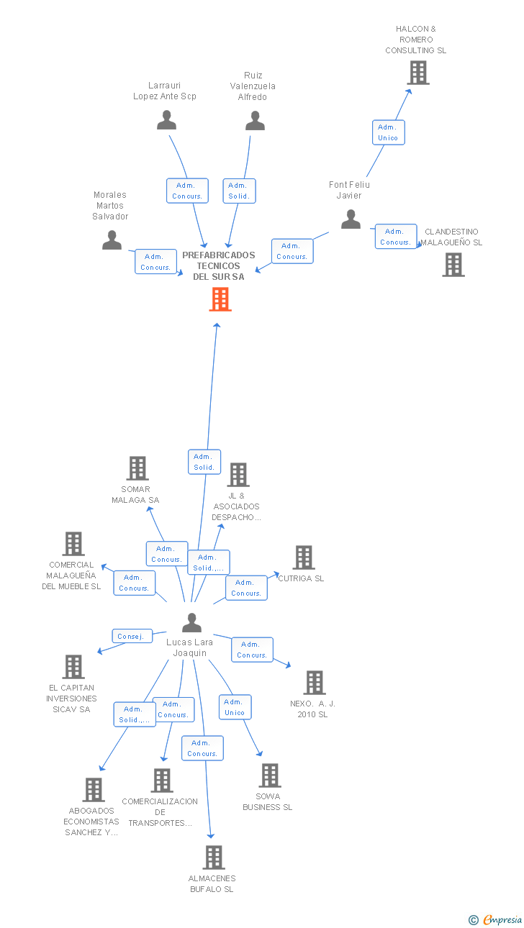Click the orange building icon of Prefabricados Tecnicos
(220, 299)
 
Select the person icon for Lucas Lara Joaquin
(192, 623)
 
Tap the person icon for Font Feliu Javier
(351, 219)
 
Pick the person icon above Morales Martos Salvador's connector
(112, 240)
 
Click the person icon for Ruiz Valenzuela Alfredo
(255, 121)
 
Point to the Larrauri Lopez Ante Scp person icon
(167, 120)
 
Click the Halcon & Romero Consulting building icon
(418, 73)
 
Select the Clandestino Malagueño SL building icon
(453, 265)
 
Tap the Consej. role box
(132, 636)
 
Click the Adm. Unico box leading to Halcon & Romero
(389, 132)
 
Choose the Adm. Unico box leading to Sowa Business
(235, 707)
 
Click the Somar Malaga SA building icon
(137, 468)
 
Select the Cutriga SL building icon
(304, 558)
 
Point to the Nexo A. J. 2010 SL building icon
(315, 682)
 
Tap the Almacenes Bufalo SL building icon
(214, 858)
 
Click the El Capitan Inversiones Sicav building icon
(73, 667)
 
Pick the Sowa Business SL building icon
(270, 775)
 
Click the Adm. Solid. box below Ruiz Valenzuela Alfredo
(239, 191)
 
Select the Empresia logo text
(502, 920)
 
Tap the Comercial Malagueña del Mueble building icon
(73, 544)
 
